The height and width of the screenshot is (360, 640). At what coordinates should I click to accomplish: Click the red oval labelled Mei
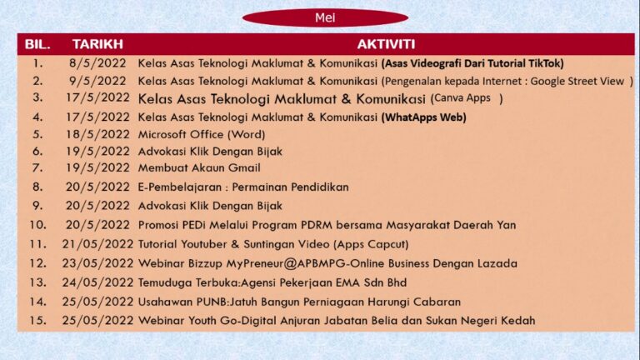(325, 17)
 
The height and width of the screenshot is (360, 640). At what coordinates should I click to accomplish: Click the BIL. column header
(37, 44)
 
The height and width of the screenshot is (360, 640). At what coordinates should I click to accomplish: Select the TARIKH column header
(97, 44)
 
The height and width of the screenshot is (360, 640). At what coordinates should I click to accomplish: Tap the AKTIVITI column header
(386, 44)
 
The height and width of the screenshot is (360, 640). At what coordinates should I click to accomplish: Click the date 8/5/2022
(97, 63)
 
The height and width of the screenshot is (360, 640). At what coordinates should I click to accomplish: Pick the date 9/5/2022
(97, 81)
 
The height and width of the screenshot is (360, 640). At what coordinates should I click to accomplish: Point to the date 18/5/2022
(97, 134)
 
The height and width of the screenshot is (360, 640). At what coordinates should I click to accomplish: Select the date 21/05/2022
(97, 244)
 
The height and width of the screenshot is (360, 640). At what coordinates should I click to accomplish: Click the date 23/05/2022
(97, 263)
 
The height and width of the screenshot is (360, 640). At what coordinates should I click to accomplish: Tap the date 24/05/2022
(97, 282)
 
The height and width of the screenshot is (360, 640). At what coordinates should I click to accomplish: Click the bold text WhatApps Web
(424, 117)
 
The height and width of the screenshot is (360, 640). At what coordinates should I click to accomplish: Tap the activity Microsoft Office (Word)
(202, 134)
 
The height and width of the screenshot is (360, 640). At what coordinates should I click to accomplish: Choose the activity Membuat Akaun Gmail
(199, 167)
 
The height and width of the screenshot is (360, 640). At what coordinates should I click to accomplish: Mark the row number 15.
(37, 320)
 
